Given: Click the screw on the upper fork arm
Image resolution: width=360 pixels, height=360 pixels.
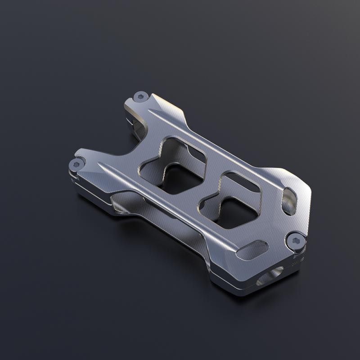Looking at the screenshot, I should coord(141,96).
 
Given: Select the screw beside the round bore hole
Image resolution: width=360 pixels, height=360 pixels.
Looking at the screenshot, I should coord(296,242).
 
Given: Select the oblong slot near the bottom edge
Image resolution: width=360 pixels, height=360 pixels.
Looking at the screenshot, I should coord(252,250).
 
